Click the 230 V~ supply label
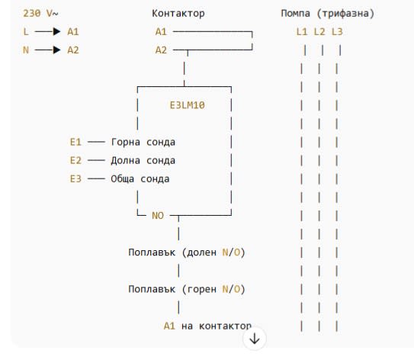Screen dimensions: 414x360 click(40, 13)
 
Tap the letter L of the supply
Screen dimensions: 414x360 click(26, 32)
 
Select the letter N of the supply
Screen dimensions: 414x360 click(26, 50)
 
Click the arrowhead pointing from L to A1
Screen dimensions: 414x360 click(56, 31)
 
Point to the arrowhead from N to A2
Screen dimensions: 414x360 click(56, 50)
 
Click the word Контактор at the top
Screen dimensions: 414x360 click(178, 13)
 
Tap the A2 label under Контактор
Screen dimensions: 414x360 click(161, 50)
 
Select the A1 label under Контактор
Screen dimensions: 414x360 click(161, 32)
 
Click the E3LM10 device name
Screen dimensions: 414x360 click(188, 105)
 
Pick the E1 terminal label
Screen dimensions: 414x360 click(75, 142)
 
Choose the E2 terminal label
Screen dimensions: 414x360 click(75, 160)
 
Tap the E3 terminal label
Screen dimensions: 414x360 click(75, 178)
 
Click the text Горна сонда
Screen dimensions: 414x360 click(143, 142)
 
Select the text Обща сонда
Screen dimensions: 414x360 click(140, 178)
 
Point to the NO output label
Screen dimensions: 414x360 click(158, 216)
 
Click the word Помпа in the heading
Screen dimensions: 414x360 click(296, 13)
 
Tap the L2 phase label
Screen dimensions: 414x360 click(319, 32)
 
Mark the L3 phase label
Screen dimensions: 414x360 click(337, 32)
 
